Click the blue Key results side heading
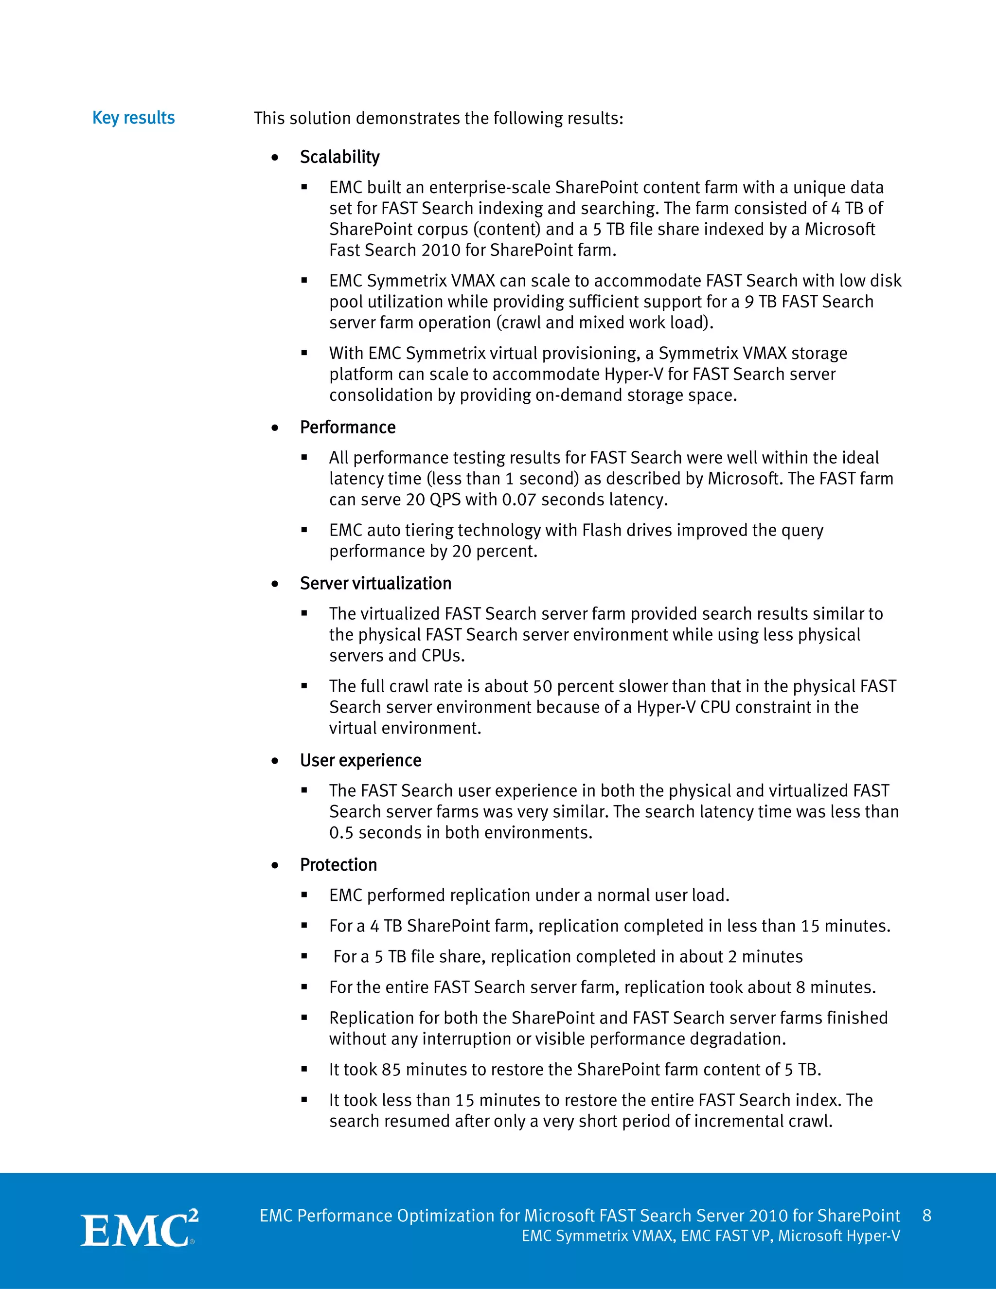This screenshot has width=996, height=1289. click(x=133, y=118)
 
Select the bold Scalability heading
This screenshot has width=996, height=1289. click(x=339, y=157)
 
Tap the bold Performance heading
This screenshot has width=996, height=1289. click(x=348, y=427)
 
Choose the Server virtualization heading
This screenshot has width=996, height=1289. click(x=375, y=583)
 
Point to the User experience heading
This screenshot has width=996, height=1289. click(x=360, y=760)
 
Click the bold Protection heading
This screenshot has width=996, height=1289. click(x=338, y=865)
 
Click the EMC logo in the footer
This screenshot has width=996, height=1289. click(x=139, y=1229)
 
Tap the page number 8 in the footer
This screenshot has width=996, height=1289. click(x=926, y=1215)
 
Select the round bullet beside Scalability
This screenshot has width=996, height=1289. click(x=275, y=158)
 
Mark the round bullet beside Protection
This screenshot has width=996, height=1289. click(x=275, y=865)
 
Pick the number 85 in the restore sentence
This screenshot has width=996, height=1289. click(x=391, y=1070)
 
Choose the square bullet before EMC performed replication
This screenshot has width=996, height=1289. click(x=304, y=895)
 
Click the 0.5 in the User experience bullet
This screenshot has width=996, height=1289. click(x=341, y=833)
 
